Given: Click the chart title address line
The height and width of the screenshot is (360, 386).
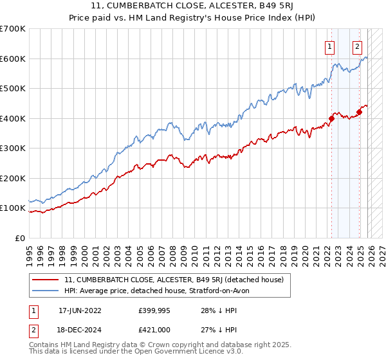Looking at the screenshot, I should click(x=193, y=7).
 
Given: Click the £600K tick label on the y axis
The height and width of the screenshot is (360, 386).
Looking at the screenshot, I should click(x=13, y=59).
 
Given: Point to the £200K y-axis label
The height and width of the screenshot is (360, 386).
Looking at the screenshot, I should click(x=13, y=178).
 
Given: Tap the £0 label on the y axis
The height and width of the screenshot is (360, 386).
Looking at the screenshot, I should click(x=20, y=238).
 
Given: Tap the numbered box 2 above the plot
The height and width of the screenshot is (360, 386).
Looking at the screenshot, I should click(x=357, y=46).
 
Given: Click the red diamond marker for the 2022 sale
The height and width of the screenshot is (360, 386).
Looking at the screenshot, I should click(x=332, y=118).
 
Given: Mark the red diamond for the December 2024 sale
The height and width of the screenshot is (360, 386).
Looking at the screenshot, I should click(x=359, y=113).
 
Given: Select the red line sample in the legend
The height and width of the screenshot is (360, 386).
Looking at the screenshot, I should click(x=46, y=280).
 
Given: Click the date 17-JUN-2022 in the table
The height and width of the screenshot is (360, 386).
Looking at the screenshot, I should click(x=78, y=309).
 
